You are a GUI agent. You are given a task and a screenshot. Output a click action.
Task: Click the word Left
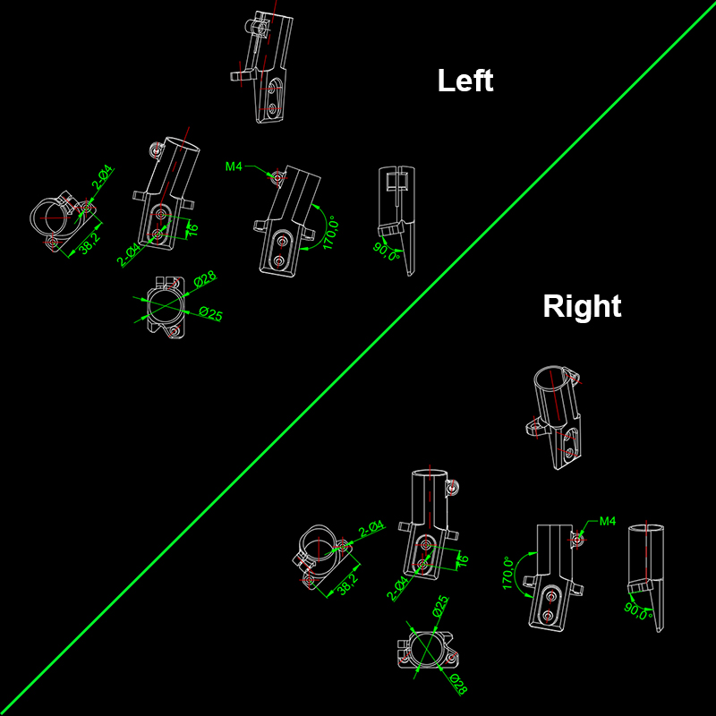click(x=465, y=81)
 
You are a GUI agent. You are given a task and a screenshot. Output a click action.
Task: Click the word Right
click(x=582, y=306)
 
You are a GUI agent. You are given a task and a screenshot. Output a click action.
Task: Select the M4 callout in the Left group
click(x=234, y=166)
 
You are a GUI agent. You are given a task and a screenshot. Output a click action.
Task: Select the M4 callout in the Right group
click(x=608, y=521)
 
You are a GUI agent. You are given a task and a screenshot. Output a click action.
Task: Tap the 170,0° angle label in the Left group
click(x=331, y=233)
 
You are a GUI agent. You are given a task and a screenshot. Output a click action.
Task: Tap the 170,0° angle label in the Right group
click(x=507, y=573)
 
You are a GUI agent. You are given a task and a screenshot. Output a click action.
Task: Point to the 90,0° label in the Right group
click(x=638, y=611)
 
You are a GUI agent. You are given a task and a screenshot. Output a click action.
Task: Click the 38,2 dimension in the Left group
click(x=90, y=243)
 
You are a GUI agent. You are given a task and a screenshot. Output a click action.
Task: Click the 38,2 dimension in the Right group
click(x=348, y=584)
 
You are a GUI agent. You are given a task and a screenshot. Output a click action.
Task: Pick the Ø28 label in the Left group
click(x=205, y=278)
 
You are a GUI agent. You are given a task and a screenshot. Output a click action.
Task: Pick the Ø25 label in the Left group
click(x=211, y=314)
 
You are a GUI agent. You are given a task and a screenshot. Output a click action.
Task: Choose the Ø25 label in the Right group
click(x=440, y=607)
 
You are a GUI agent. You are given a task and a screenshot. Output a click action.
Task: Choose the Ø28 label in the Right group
click(x=458, y=685)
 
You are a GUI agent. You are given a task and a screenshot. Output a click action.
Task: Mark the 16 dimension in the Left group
click(x=192, y=229)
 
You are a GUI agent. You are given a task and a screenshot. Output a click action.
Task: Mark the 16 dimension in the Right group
click(x=462, y=560)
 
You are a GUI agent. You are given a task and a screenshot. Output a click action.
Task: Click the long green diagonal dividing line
click(x=358, y=358)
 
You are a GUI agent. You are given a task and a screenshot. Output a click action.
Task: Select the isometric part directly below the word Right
click(x=553, y=417)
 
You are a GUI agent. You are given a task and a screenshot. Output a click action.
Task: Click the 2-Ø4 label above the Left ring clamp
click(x=103, y=177)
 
